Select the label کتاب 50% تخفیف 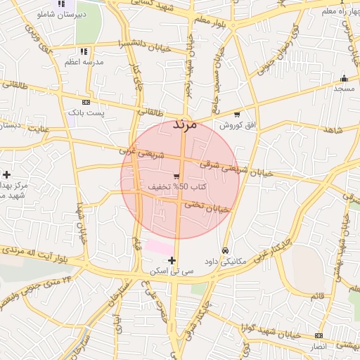click(x=176, y=187)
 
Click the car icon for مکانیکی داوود click(x=225, y=250)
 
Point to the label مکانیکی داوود click(x=225, y=262)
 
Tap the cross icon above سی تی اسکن click(x=172, y=260)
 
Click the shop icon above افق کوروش click(x=237, y=115)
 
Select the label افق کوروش click(x=236, y=125)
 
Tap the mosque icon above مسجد click(x=344, y=78)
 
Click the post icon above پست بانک click(x=86, y=102)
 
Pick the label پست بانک click(x=86, y=112)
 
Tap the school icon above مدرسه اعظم click(x=84, y=51)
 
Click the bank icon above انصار click(x=319, y=335)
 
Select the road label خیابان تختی click(x=207, y=207)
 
